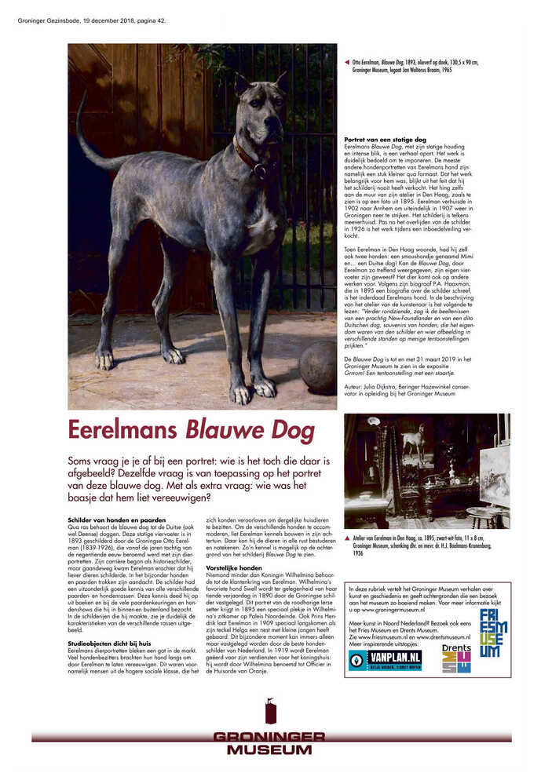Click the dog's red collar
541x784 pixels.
pos(250,152)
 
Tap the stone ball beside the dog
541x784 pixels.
pos(317,366)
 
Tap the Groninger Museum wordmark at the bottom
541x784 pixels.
pos(269,742)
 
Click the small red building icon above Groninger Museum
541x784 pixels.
pos(270,711)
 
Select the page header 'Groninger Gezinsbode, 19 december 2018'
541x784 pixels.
pos(92,20)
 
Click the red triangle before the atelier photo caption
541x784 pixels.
pos(347,538)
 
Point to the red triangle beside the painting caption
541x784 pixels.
pos(347,61)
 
